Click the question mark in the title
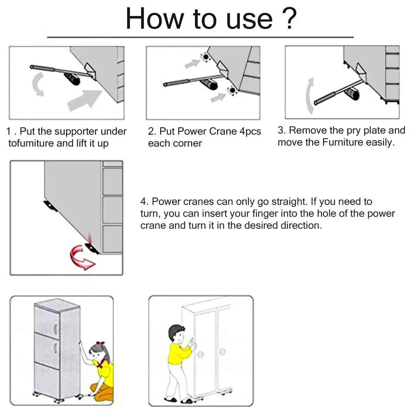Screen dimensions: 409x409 pyautogui.click(x=289, y=18)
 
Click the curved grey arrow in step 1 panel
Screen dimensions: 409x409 pyautogui.click(x=38, y=84)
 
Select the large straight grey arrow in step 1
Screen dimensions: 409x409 pyautogui.click(x=85, y=100)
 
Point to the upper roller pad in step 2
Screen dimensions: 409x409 pyautogui.click(x=205, y=57)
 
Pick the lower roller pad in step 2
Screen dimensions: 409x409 pyautogui.click(x=232, y=91)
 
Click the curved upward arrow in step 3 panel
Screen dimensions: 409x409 pyautogui.click(x=310, y=96)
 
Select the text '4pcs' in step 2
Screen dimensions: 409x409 pyautogui.click(x=250, y=131)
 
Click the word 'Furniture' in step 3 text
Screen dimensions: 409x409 pyautogui.click(x=343, y=142)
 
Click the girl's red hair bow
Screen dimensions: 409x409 pyautogui.click(x=100, y=343)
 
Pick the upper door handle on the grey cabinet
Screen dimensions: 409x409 pyautogui.click(x=56, y=329)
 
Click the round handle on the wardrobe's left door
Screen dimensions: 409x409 pyautogui.click(x=200, y=354)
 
